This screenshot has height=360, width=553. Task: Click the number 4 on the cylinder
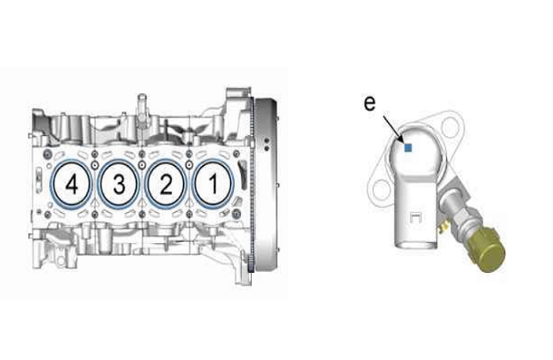tap(72, 184)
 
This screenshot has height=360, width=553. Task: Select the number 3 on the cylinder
tap(119, 184)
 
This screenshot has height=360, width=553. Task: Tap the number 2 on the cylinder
tap(166, 184)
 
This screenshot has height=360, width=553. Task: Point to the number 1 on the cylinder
tap(213, 184)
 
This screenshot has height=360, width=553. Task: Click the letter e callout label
tap(369, 103)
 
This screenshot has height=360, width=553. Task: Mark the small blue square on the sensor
tap(408, 148)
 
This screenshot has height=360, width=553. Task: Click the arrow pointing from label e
tap(393, 129)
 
